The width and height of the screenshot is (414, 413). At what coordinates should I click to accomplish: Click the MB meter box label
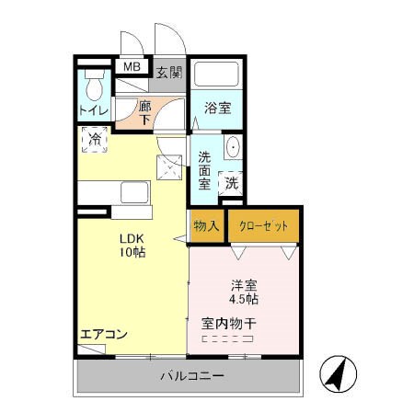[x=132, y=67]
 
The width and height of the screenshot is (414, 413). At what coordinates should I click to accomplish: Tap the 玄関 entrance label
[x=168, y=73]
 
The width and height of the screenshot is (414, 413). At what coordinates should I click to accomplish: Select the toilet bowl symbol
[x=92, y=89]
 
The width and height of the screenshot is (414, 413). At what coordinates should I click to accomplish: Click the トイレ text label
[x=93, y=111]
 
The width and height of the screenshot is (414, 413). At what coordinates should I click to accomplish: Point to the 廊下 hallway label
[x=145, y=112]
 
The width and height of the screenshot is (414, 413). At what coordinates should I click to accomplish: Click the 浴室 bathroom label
[x=218, y=108]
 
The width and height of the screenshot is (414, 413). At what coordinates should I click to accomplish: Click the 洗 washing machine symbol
[x=232, y=182]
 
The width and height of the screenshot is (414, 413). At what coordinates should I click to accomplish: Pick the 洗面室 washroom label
[x=205, y=169]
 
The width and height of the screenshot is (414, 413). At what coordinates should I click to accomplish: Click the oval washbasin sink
[x=232, y=148]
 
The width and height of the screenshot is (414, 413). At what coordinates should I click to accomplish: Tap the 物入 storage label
[x=205, y=225]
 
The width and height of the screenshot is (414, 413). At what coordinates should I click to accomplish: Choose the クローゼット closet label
[x=262, y=225]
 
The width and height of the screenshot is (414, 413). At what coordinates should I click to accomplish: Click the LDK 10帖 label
[x=131, y=246]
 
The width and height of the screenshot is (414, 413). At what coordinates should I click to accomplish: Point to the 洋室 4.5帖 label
[x=243, y=291]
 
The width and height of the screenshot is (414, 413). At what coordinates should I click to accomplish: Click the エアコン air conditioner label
[x=103, y=334]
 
